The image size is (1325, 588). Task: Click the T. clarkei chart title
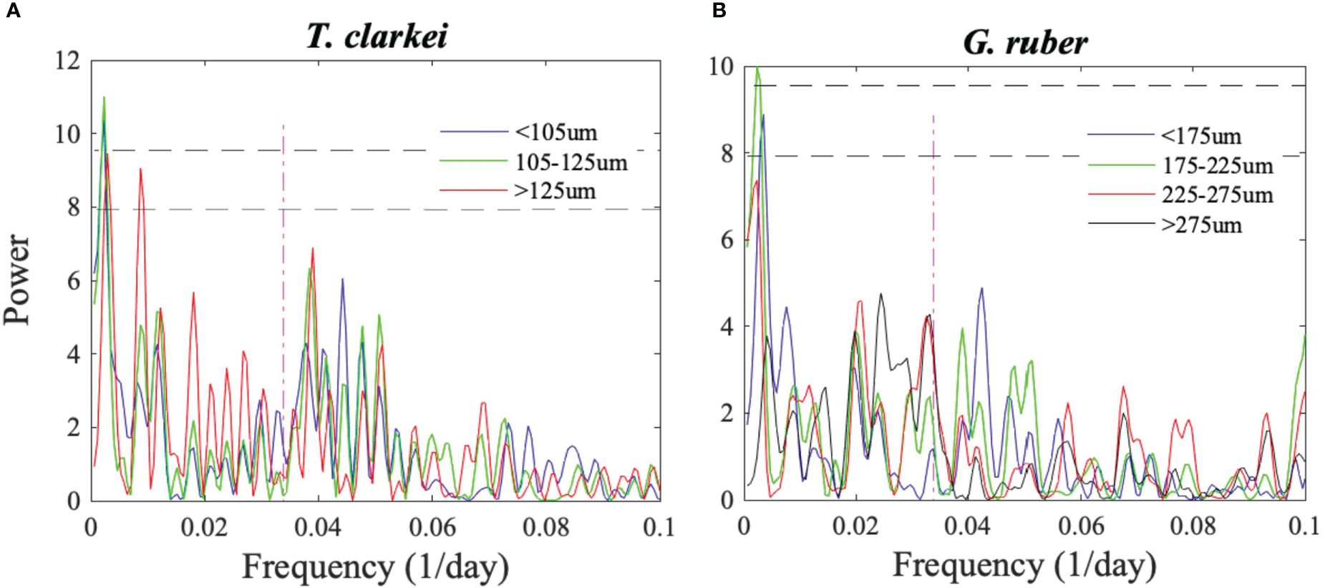coord(377,36)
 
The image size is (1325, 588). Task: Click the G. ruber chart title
coord(1025,43)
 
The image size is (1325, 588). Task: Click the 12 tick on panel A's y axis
coord(68,61)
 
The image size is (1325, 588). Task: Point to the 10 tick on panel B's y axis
coord(721,67)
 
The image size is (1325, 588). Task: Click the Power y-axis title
coord(17,280)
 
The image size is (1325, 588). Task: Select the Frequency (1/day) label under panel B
coord(1024,564)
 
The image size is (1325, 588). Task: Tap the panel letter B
coord(719,11)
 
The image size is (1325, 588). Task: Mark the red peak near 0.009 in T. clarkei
coord(140,169)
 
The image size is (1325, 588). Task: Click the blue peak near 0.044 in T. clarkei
coord(342,280)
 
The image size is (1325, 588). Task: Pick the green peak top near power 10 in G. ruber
coord(757,67)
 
